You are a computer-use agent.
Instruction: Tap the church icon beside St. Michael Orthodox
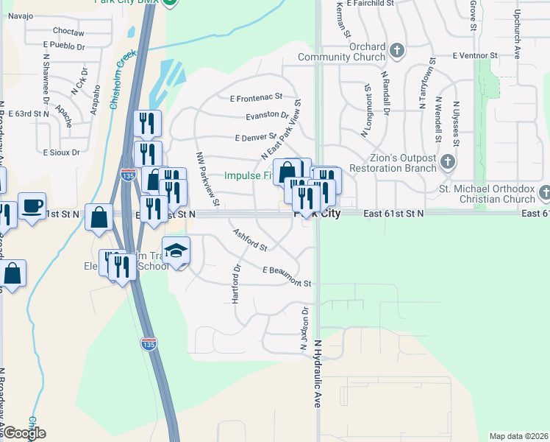coord(544,194)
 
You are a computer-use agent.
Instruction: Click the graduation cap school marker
coord(176,251)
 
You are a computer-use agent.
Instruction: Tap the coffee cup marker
coord(32,206)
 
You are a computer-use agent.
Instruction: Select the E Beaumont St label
coord(287,276)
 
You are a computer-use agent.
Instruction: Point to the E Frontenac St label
coord(256,97)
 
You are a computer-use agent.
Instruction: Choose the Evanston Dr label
coord(266,116)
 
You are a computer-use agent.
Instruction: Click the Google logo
coord(24,433)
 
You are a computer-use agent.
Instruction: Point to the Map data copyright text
coord(519,436)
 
